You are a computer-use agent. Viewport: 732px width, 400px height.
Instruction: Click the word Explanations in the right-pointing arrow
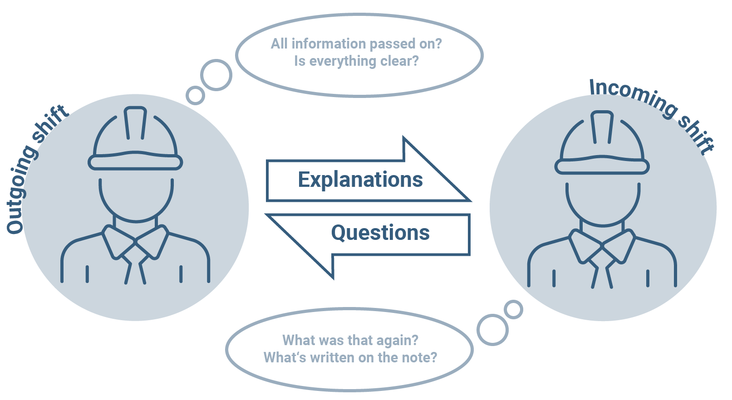[360, 180]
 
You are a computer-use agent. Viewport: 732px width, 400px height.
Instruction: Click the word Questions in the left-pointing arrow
[380, 233]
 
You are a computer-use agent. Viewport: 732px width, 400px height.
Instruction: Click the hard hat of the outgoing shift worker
[135, 141]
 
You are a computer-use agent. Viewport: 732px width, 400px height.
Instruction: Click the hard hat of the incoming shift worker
[602, 145]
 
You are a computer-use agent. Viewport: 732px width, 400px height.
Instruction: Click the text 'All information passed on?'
[356, 44]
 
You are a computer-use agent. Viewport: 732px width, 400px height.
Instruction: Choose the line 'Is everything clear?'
[356, 61]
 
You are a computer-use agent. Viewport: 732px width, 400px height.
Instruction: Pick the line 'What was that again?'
[350, 340]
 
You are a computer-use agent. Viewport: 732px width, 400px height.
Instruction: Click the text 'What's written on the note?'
[350, 358]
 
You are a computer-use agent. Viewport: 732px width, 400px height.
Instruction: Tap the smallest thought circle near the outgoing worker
[196, 95]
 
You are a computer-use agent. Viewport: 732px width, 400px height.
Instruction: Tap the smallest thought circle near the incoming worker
[514, 310]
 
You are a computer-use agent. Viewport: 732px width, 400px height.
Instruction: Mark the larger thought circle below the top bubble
[216, 75]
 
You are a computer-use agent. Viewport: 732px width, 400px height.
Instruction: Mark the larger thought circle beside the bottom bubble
[492, 330]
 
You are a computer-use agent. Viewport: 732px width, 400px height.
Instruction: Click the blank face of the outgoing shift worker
[136, 195]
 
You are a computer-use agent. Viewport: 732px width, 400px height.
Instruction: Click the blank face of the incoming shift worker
[603, 200]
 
